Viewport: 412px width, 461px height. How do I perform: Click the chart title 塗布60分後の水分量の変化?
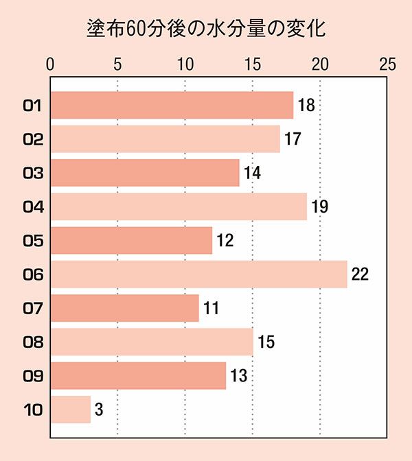click(x=206, y=29)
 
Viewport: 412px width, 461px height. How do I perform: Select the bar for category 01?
click(x=172, y=106)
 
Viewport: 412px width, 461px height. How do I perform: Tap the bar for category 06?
click(x=198, y=274)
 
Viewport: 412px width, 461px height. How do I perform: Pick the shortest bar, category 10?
click(x=71, y=410)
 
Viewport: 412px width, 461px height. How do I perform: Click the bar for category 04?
click(x=179, y=206)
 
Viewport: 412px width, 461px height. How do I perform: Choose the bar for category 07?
click(x=124, y=308)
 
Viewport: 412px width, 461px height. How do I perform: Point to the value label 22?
click(x=360, y=274)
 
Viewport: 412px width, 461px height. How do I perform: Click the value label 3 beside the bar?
click(x=99, y=410)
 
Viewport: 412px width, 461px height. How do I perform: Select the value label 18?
click(x=306, y=106)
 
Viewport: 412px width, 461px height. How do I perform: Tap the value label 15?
click(x=265, y=342)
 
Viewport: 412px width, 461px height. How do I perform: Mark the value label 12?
click(x=225, y=241)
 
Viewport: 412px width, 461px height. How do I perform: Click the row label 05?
click(x=33, y=241)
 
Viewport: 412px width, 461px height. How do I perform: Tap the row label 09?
click(x=33, y=376)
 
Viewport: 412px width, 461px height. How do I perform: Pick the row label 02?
click(x=33, y=139)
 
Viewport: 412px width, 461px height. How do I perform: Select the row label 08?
click(x=33, y=342)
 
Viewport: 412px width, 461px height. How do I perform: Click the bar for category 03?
click(x=145, y=173)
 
